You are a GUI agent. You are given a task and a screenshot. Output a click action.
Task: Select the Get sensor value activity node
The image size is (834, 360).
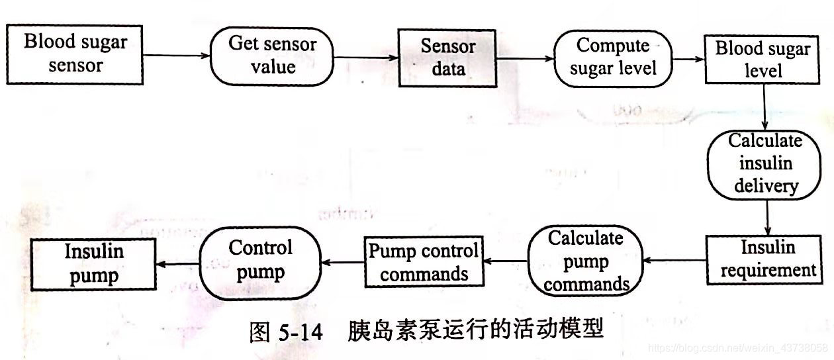(272, 56)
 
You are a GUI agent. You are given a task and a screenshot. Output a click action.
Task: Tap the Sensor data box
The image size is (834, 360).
(447, 58)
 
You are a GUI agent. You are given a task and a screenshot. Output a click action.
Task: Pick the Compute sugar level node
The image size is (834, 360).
(612, 58)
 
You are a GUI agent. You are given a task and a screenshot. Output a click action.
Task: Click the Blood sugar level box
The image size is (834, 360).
(763, 60)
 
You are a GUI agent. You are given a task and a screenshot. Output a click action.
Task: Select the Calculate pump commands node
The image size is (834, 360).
(586, 261)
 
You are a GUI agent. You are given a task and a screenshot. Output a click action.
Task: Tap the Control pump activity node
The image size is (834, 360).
(260, 262)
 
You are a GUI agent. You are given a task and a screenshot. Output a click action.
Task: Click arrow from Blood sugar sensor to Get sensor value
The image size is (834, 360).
(176, 55)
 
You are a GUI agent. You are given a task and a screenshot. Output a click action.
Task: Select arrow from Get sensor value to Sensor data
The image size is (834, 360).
(365, 58)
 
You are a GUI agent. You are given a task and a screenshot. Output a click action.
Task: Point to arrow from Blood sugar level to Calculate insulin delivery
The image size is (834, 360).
(764, 107)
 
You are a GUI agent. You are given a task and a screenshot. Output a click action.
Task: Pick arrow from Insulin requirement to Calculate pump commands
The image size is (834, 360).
(674, 261)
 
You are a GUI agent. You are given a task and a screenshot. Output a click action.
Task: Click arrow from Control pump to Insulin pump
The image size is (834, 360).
(177, 263)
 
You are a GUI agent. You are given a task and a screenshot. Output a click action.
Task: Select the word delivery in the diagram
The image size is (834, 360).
(765, 186)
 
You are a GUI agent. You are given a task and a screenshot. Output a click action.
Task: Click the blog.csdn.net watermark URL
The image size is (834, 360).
(737, 347)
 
